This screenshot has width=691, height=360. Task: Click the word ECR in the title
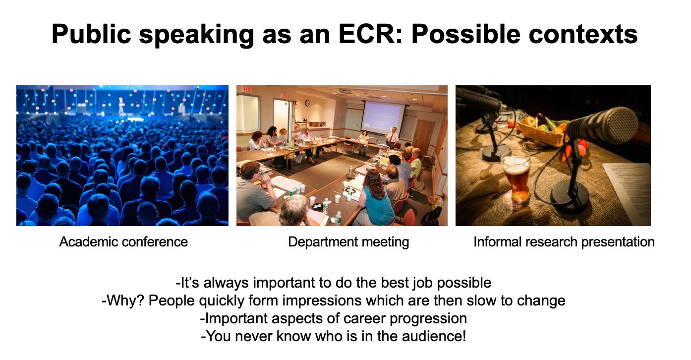click(371, 34)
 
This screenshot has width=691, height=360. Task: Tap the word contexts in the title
click(583, 34)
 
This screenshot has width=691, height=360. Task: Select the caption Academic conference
click(123, 242)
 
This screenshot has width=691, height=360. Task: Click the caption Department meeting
click(348, 242)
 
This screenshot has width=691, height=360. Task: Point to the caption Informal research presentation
click(564, 242)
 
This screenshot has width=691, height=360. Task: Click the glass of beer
click(516, 179)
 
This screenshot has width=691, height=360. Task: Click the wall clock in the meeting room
click(307, 103)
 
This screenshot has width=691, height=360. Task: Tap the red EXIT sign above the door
click(247, 89)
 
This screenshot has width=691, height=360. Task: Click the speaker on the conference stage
click(121, 106)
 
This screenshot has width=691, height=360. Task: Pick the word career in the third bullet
click(363, 318)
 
